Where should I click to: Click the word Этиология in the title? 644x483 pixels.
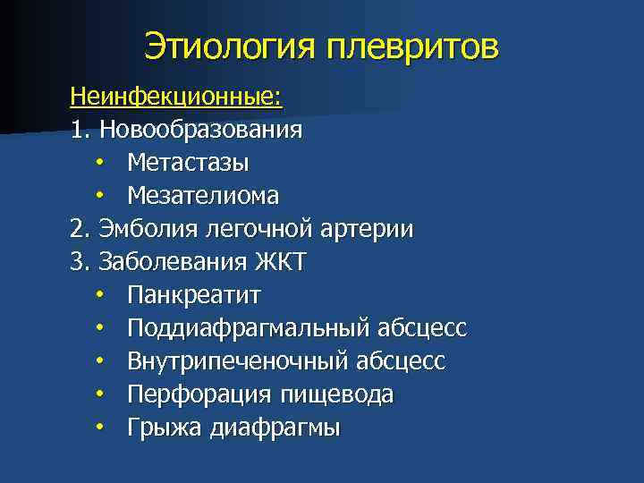pos(229,47)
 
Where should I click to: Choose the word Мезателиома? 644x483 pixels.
pos(203,194)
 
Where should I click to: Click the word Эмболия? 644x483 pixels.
pos(150,228)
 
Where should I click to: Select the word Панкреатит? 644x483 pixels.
pos(194,294)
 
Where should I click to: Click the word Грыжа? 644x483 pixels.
pos(164,428)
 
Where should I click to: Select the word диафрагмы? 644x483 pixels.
pos(275,428)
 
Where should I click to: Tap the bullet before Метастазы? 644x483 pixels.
pos(102,163)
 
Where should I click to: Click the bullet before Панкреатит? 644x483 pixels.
pos(102,295)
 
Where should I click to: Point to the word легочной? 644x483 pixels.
pos(258,228)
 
